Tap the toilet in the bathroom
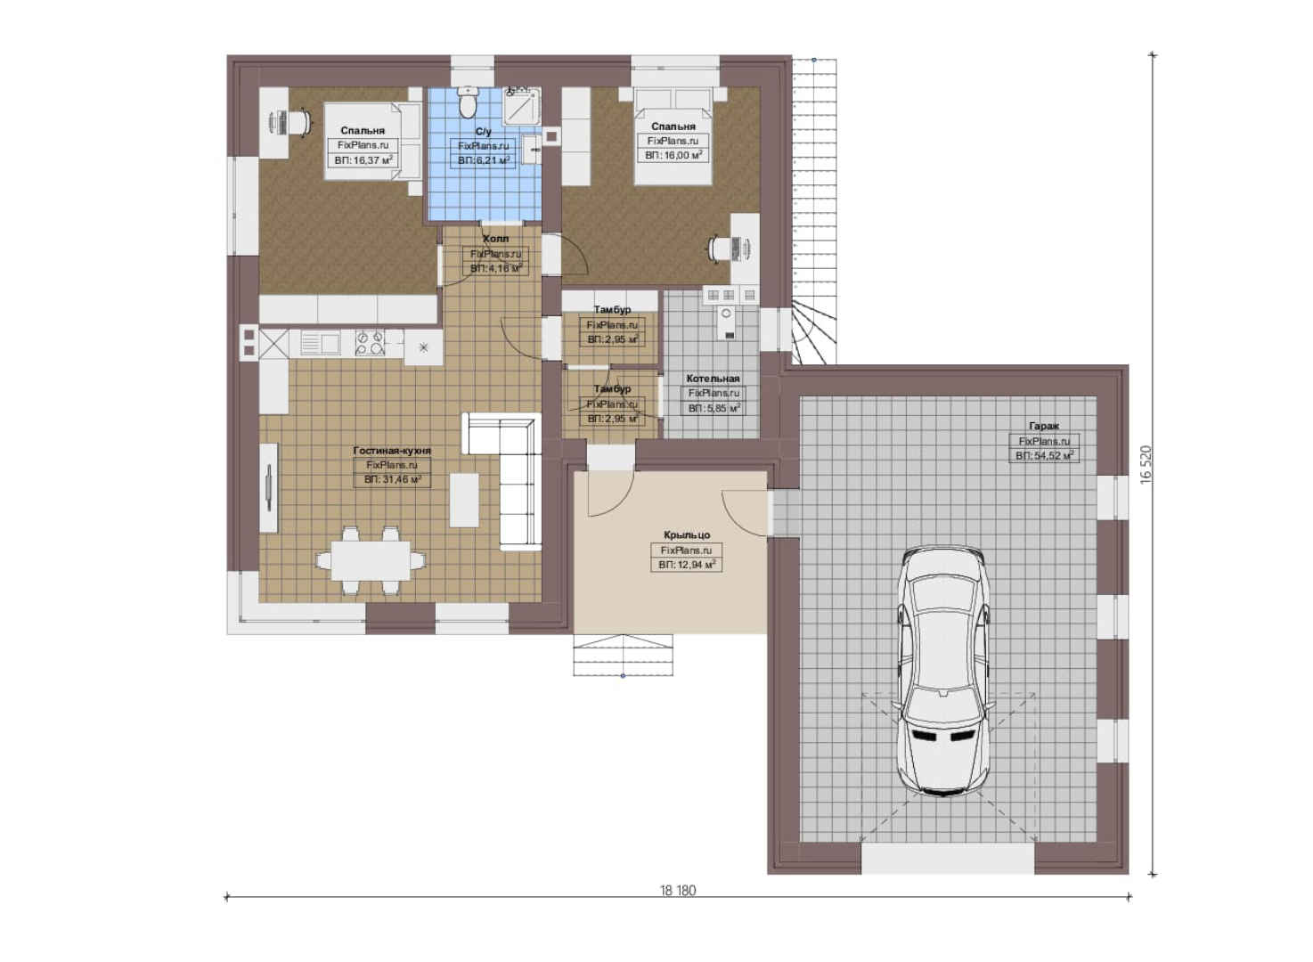pos(467,102)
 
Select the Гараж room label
pos(1043,426)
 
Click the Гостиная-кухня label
pos(392,450)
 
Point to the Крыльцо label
pos(687,534)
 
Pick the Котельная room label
pos(713,379)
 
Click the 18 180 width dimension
pos(678,891)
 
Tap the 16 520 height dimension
pos(1146,465)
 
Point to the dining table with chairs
pos(371,560)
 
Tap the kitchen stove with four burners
pos(371,344)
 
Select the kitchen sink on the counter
pos(320,343)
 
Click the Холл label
pos(495,239)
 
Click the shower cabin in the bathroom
pos(522,107)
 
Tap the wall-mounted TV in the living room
pos(269,488)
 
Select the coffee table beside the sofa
pos(464,500)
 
